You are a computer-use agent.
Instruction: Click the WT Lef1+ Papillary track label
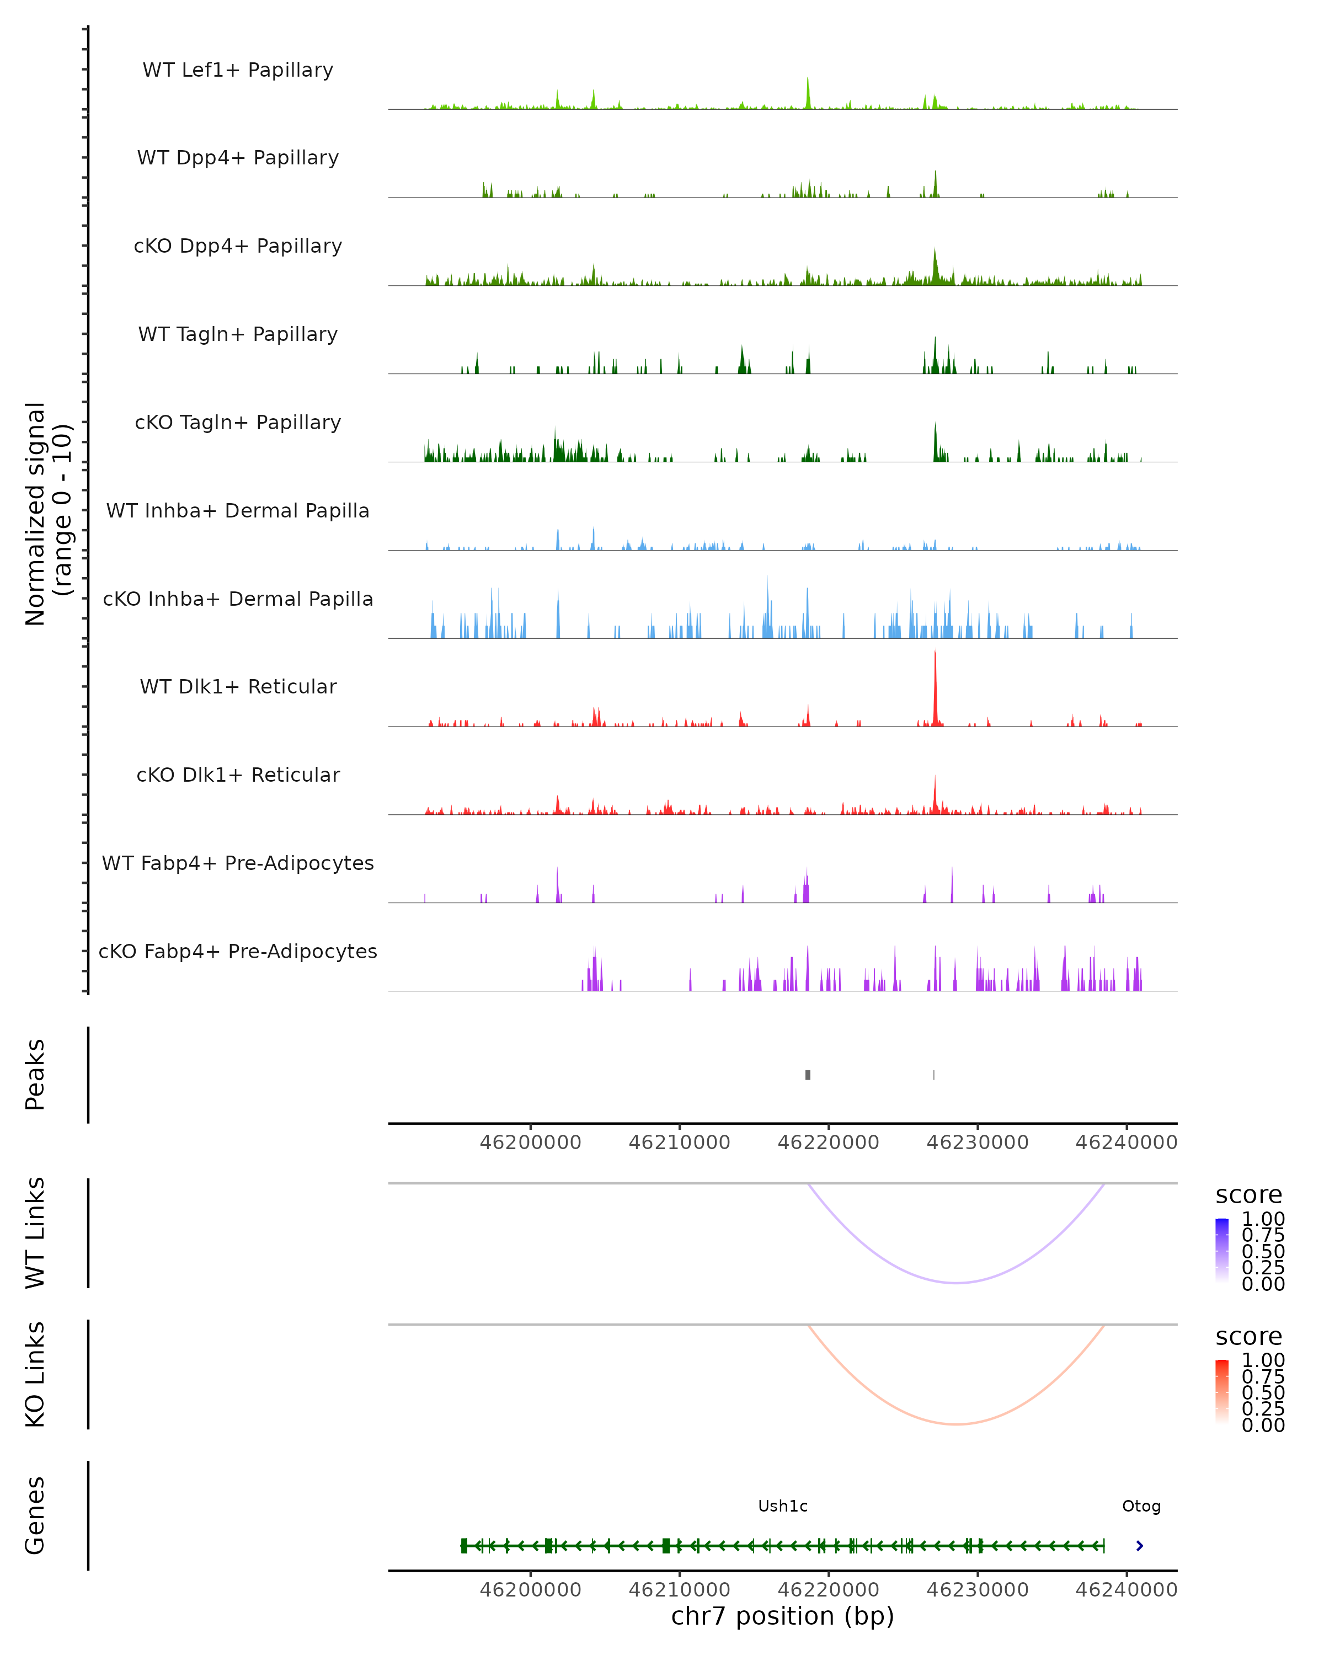[238, 70]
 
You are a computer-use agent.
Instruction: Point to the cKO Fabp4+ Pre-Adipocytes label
[238, 951]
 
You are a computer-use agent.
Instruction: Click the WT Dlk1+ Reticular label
[238, 686]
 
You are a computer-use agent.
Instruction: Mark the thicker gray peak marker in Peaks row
[808, 1075]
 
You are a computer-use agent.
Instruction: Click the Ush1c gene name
[783, 1506]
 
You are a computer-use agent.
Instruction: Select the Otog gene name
[1141, 1506]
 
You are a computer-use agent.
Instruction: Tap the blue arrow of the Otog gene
[1140, 1546]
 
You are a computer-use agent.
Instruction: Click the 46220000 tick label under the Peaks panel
[828, 1143]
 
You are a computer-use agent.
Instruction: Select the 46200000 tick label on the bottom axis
[530, 1590]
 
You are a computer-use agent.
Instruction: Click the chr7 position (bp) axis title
[783, 1616]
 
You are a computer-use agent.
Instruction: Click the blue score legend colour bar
[1222, 1251]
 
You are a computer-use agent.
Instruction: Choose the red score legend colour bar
[1222, 1392]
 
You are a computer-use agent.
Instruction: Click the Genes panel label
[35, 1515]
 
